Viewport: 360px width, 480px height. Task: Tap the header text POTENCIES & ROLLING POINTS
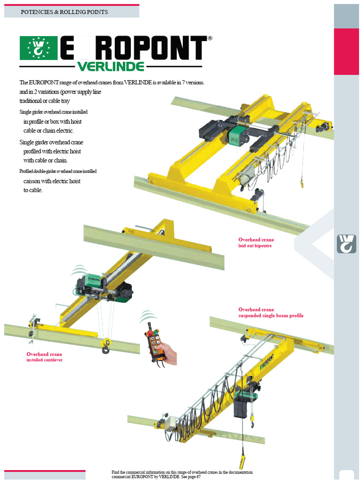[x=64, y=12]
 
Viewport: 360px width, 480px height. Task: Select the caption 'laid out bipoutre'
[x=255, y=246]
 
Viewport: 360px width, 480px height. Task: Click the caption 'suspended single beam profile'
[x=270, y=315]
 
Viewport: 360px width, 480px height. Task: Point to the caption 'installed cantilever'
[x=44, y=360]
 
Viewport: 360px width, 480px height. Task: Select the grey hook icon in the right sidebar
[x=346, y=243]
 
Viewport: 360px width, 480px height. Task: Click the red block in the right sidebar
[x=346, y=51]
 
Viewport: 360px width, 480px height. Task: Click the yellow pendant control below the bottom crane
[x=242, y=462]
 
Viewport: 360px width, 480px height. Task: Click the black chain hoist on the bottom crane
[x=242, y=406]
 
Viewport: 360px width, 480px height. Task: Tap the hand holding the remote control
[x=170, y=353]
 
